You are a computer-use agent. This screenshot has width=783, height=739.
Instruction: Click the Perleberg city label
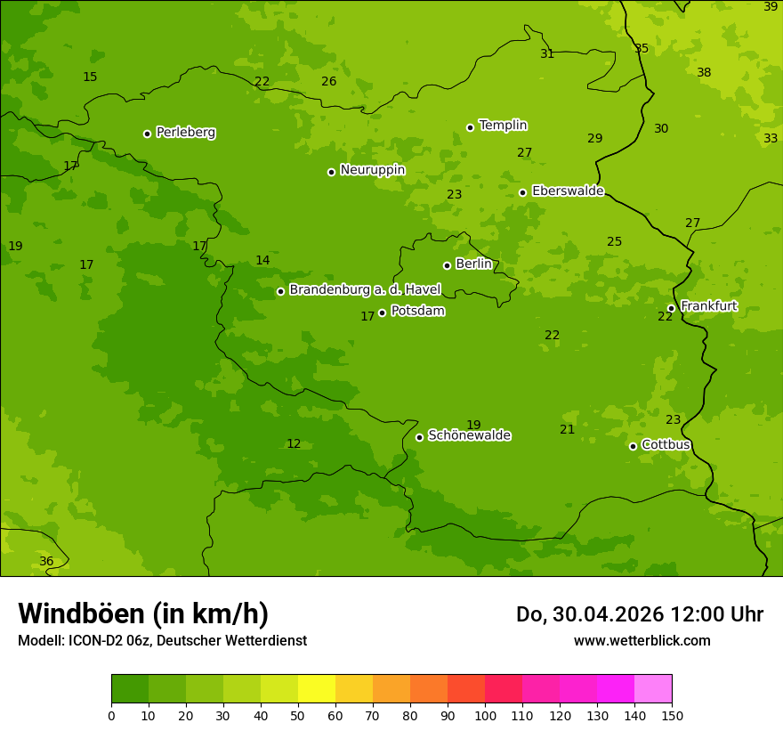185,133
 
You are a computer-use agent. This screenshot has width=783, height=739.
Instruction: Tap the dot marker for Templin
470,127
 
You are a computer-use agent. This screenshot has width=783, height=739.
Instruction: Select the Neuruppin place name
372,170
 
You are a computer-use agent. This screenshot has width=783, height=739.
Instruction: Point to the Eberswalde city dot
522,192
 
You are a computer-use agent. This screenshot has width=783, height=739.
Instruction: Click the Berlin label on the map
473,264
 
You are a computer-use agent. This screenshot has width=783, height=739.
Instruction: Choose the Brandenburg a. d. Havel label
365,289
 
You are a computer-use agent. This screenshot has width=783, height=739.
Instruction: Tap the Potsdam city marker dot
382,313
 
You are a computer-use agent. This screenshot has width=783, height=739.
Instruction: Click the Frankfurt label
708,306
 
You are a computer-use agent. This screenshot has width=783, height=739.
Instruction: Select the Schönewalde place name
469,435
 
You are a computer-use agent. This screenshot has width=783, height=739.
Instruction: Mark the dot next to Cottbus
633,446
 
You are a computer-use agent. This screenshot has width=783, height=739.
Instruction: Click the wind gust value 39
771,7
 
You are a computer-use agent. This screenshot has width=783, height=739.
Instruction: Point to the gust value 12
294,444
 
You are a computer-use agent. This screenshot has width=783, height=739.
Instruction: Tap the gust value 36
46,562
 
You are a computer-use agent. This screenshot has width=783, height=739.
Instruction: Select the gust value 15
90,77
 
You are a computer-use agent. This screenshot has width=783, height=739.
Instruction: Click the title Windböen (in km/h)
142,613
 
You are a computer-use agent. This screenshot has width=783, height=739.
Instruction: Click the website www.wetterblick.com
642,640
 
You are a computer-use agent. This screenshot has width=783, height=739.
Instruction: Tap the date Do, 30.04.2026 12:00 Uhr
639,614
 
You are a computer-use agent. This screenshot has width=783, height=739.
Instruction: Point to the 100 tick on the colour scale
485,715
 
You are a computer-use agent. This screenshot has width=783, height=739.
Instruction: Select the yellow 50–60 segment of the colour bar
317,688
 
